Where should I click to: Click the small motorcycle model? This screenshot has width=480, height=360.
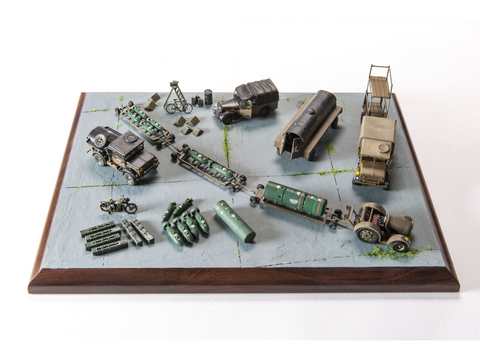coord(118,205)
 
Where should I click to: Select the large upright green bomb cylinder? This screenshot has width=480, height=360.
coord(235,221)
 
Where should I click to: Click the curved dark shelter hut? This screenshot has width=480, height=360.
coord(307,122)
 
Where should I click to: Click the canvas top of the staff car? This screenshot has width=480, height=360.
coord(253,91)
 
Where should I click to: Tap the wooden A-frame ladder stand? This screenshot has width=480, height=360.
coord(174,93)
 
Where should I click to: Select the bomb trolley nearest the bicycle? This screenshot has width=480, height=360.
coord(145,126)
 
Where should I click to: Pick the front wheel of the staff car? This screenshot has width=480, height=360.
coord(231,116)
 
